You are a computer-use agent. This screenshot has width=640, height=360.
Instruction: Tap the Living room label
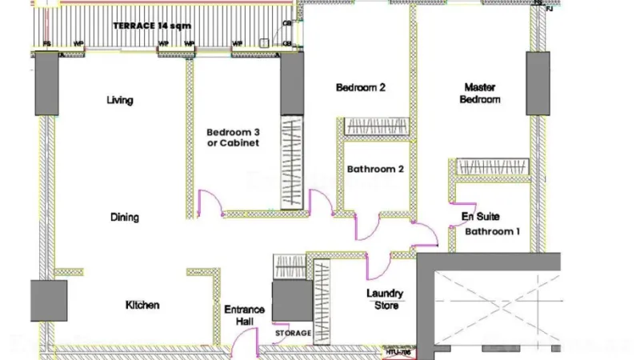tap(120, 101)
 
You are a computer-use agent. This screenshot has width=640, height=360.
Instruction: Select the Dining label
tap(125, 217)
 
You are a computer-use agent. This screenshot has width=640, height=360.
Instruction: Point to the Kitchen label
tap(142, 305)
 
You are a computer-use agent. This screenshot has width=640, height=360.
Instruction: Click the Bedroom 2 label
tap(361, 87)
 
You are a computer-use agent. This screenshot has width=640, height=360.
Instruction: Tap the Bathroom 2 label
tap(375, 169)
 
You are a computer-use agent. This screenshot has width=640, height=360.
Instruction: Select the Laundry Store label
tap(385, 298)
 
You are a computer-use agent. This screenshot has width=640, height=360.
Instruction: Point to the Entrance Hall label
tap(238, 314)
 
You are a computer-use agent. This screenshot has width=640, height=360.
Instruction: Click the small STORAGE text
tap(293, 333)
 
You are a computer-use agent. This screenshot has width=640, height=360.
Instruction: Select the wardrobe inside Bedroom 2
tap(377, 126)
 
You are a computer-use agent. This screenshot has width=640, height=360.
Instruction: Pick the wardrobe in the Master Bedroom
tap(492, 166)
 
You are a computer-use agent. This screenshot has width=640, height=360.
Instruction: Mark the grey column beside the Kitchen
tap(49, 301)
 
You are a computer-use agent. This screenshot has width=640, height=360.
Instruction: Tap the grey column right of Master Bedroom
tap(538, 83)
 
